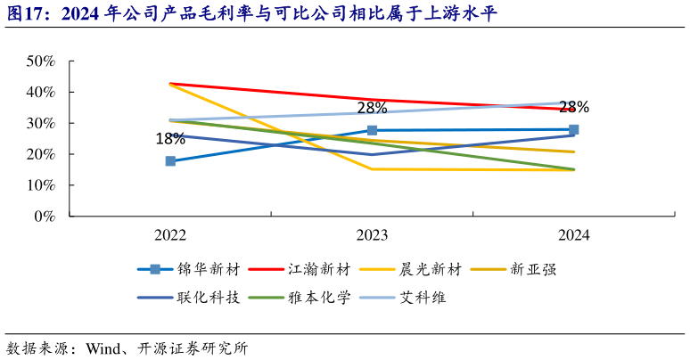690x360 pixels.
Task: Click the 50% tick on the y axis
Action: click(40, 61)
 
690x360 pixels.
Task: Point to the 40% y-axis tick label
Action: click(40, 93)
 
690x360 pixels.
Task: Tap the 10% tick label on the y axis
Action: click(40, 185)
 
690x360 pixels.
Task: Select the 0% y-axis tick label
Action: click(44, 217)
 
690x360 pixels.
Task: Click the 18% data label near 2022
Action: click(170, 139)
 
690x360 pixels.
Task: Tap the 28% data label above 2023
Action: click(372, 108)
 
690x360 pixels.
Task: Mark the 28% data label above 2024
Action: click(573, 107)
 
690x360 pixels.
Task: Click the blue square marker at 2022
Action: click(170, 161)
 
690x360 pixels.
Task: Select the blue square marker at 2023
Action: click(372, 130)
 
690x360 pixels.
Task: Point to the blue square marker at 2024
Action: click(573, 129)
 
